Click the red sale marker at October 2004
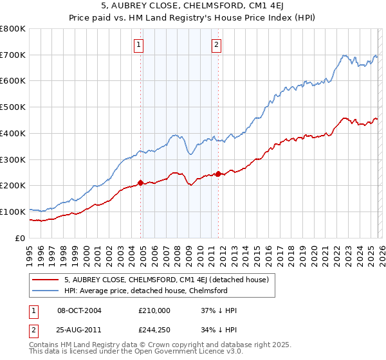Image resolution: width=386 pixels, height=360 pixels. [140, 182]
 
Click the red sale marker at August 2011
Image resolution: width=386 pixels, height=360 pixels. [219, 174]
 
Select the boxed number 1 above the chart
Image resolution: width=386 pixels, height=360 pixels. [139, 44]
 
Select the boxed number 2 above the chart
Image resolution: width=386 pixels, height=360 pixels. [217, 44]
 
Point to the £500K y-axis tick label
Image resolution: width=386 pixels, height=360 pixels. [12, 107]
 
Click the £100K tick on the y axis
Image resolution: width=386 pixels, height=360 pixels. [12, 212]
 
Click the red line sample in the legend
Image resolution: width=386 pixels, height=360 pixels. [45, 280]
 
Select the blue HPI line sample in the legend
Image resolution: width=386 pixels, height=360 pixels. [45, 291]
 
